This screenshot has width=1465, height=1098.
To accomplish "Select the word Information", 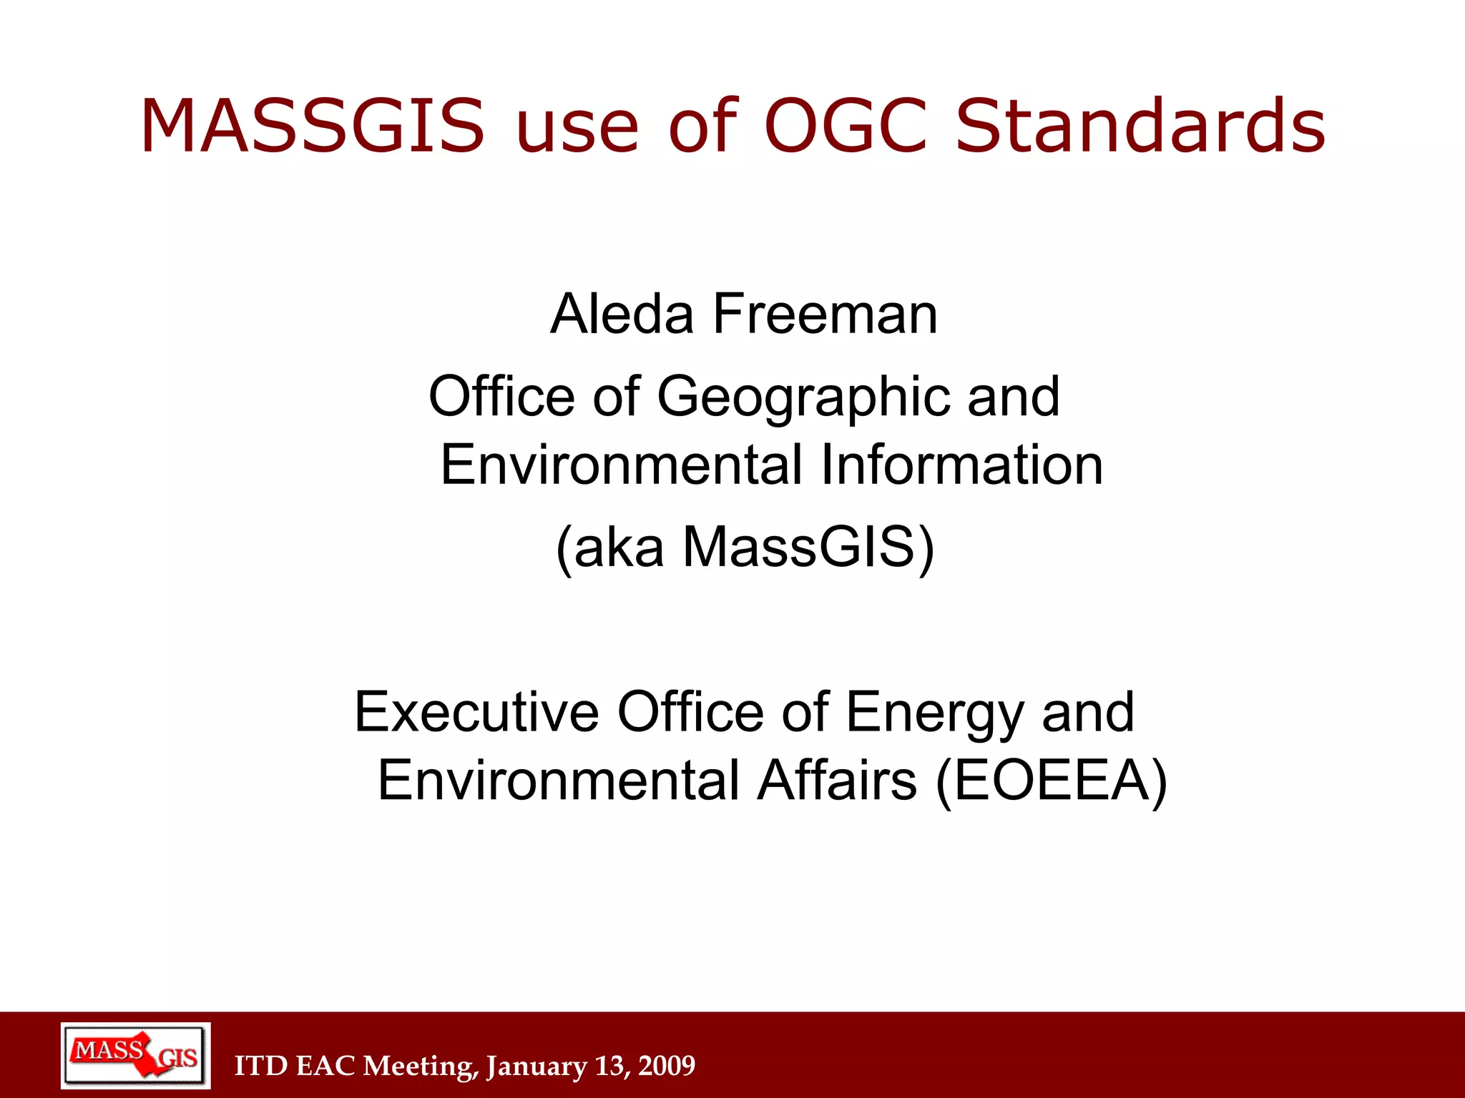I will click(961, 465).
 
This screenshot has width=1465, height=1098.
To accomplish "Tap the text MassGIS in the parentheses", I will click(799, 548).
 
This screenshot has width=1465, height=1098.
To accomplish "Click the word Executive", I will click(476, 712).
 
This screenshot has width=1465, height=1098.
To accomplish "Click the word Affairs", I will click(837, 780).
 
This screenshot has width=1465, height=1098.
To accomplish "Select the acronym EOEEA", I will click(1052, 781).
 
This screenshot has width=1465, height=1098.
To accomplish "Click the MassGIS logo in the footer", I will click(135, 1056).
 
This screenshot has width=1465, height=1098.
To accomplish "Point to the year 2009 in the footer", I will click(667, 1066).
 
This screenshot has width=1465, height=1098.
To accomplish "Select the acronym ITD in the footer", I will click(261, 1066).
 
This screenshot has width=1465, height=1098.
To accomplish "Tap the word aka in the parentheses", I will click(619, 548).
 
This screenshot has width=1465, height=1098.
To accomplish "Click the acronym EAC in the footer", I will click(325, 1066).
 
